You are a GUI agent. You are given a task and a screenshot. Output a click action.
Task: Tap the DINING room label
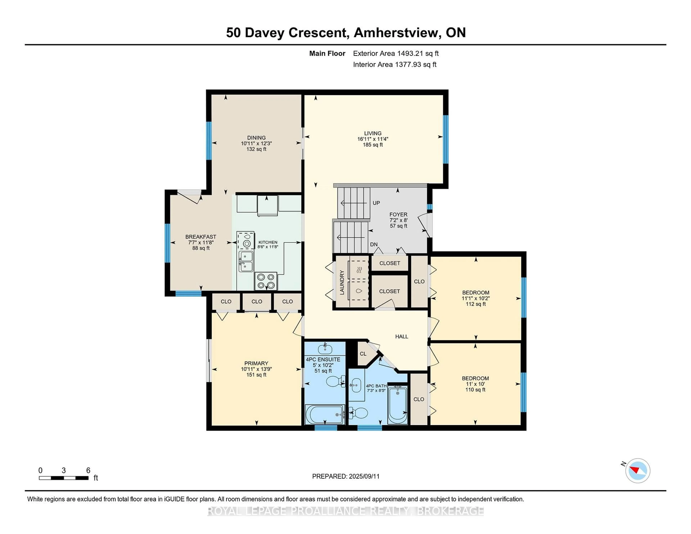click(x=256, y=138)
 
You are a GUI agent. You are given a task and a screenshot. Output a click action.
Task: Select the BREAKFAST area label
click(x=201, y=237)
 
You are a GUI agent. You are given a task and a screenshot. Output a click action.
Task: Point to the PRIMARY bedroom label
click(x=256, y=363)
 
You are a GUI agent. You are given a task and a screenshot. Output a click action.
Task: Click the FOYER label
click(x=398, y=214)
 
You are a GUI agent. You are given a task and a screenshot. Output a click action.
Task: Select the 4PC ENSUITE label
click(x=323, y=359)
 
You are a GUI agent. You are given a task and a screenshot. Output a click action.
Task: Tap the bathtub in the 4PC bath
click(x=397, y=404)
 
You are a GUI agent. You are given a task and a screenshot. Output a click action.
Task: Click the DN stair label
click(x=374, y=245)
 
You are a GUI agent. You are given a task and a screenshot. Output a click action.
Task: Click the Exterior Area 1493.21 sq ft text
click(x=396, y=53)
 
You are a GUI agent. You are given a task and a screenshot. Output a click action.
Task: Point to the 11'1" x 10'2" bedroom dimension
click(x=476, y=298)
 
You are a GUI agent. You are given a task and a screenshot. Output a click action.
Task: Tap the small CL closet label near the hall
click(x=363, y=354)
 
